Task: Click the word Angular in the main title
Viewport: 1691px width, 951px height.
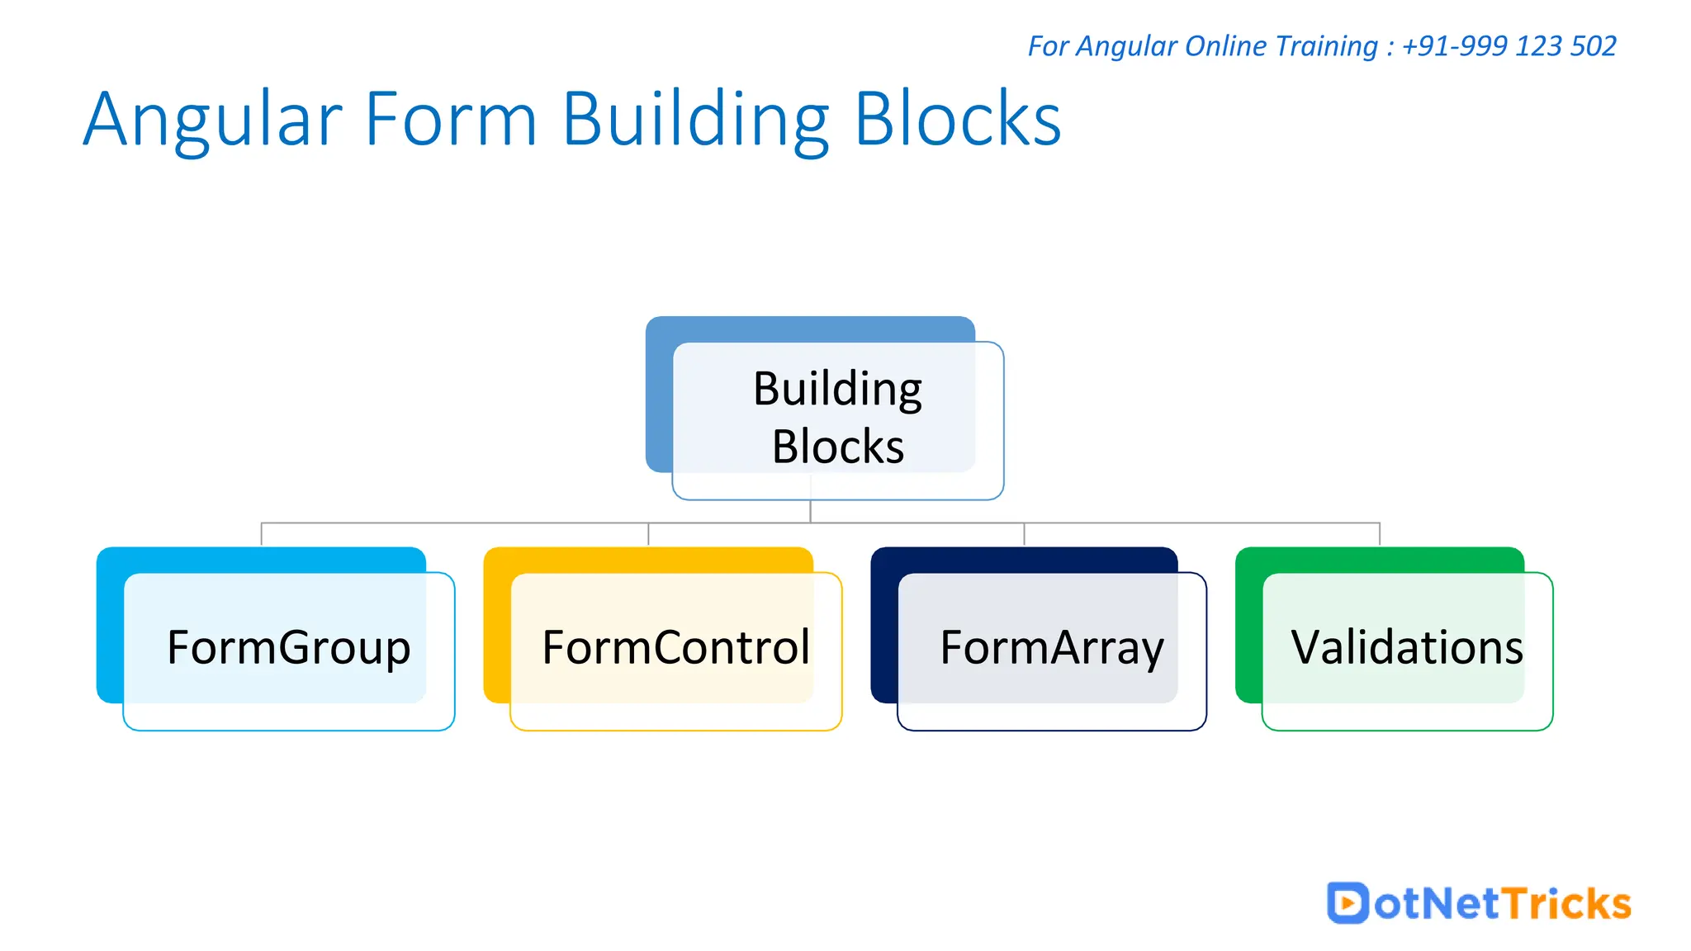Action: pyautogui.click(x=212, y=120)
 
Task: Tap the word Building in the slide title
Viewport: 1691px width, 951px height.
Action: pyautogui.click(x=695, y=120)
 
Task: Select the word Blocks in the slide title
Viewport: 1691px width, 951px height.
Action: pyautogui.click(x=958, y=120)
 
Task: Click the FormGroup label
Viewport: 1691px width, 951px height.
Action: pyautogui.click(x=288, y=647)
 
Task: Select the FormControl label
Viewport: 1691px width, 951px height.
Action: pyautogui.click(x=675, y=647)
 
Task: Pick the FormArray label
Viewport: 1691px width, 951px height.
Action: pyautogui.click(x=1051, y=647)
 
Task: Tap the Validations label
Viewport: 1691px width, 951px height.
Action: pyautogui.click(x=1406, y=647)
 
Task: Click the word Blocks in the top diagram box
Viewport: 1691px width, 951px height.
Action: pyautogui.click(x=837, y=447)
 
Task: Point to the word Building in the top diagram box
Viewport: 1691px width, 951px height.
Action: pyautogui.click(x=837, y=389)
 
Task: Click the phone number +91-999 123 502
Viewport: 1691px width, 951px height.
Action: pyautogui.click(x=1509, y=46)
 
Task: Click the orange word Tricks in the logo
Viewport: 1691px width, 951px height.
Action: pyautogui.click(x=1565, y=903)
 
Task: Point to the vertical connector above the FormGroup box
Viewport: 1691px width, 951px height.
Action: pyautogui.click(x=261, y=534)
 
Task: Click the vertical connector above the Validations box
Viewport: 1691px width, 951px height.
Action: pyautogui.click(x=1380, y=534)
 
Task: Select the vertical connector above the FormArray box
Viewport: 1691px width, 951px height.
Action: pyautogui.click(x=1024, y=534)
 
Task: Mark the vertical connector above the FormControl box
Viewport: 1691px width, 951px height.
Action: pyautogui.click(x=648, y=534)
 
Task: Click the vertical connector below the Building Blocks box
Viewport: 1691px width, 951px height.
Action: pyautogui.click(x=810, y=511)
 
